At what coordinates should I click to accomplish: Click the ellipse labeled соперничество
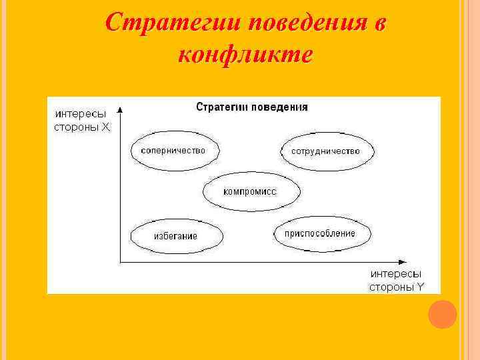173,151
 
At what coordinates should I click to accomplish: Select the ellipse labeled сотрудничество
325,151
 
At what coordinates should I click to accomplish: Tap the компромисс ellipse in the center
249,191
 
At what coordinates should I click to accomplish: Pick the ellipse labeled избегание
175,235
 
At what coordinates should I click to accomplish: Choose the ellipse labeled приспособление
322,233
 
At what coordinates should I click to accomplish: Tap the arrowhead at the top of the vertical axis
119,107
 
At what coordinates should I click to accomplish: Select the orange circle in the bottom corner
442,314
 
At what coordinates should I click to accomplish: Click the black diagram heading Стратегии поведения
252,107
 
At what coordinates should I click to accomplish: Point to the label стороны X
82,126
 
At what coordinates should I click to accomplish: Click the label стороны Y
397,287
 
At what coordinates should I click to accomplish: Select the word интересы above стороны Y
396,274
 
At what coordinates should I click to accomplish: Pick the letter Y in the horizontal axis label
421,287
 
